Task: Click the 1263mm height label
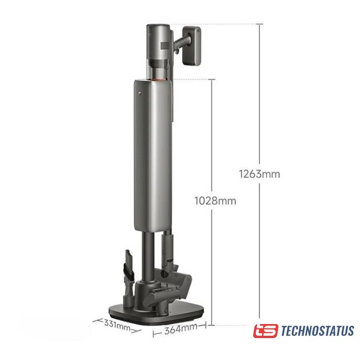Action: click(x=259, y=174)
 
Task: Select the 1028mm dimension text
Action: click(x=215, y=201)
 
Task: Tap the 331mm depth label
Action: click(x=117, y=325)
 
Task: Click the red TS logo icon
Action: click(x=265, y=331)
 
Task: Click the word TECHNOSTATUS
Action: click(x=317, y=331)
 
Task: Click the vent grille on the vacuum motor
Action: click(x=165, y=46)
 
